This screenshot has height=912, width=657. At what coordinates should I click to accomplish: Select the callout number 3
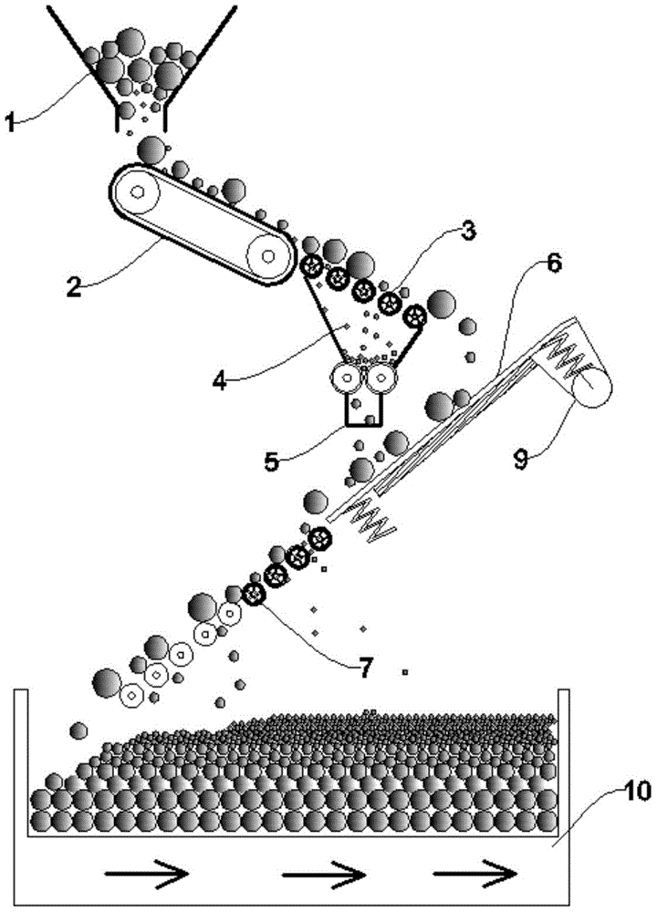[x=468, y=232]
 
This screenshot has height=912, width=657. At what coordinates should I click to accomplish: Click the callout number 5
[x=272, y=461]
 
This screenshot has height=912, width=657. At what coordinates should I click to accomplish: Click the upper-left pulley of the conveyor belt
[x=137, y=192]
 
